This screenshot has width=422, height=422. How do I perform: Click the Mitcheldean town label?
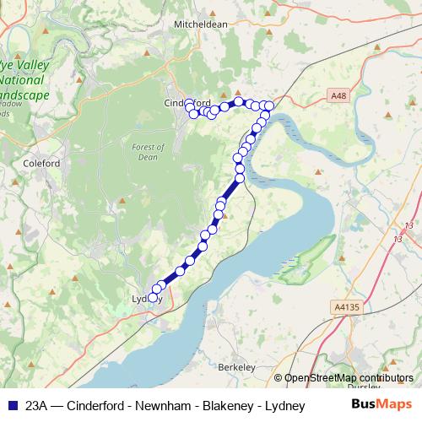(x=201, y=24)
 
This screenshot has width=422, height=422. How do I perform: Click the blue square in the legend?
(x=11, y=405)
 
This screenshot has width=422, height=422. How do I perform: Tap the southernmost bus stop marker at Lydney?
(x=152, y=295)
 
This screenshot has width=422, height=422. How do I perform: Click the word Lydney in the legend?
(x=284, y=405)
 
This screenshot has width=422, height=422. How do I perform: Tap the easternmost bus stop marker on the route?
(x=269, y=105)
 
